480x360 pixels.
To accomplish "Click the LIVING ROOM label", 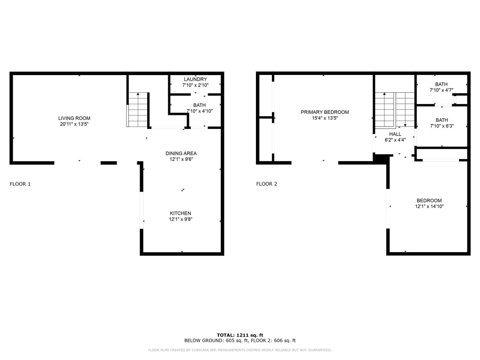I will click(74, 118).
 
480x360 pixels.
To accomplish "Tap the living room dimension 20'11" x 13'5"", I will click(74, 124).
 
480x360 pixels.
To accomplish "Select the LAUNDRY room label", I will click(195, 79).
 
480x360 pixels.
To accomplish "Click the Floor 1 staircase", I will click(138, 110).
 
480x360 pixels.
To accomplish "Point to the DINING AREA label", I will click(181, 153).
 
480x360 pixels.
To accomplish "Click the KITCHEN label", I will click(180, 213).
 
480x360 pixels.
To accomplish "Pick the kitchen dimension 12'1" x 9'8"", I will click(180, 219).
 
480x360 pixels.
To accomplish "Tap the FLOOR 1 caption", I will click(20, 184).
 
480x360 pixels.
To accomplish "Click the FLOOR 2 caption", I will click(266, 184).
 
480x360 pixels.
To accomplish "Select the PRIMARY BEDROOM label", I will click(325, 112).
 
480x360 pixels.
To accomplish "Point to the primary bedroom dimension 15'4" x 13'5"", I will click(325, 118).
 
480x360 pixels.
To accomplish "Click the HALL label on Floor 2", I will click(395, 134).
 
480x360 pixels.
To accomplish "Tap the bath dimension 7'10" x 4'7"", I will click(441, 90).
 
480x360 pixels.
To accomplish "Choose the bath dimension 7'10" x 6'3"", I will click(441, 126).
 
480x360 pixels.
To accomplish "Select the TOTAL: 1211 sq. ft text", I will click(240, 335).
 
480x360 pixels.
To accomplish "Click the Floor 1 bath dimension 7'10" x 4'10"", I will click(199, 111).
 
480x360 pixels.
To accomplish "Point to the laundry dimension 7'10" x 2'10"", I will click(195, 85).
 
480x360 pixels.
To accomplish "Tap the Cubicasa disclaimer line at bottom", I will click(240, 350).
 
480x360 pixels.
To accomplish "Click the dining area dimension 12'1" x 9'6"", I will click(181, 159).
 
